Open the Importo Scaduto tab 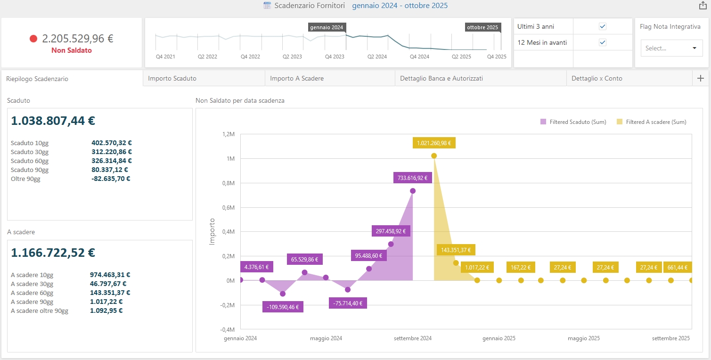coord(172,79)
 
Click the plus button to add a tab coord(700,79)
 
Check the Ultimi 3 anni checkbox coord(602,26)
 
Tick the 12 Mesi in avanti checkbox coord(602,42)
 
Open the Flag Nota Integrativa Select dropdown coord(671,48)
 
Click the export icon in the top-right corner coord(702,6)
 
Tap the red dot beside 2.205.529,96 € coord(33,39)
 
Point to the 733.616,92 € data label coord(412,178)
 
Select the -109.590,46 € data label coord(283,307)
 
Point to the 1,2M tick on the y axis coord(228,134)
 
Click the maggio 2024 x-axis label coord(326,338)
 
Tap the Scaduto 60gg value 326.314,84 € coord(112,161)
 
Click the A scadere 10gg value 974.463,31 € coord(110,275)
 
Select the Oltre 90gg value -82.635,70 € coord(111,179)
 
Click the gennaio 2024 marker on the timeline coord(327,27)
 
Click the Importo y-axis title coord(212,231)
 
